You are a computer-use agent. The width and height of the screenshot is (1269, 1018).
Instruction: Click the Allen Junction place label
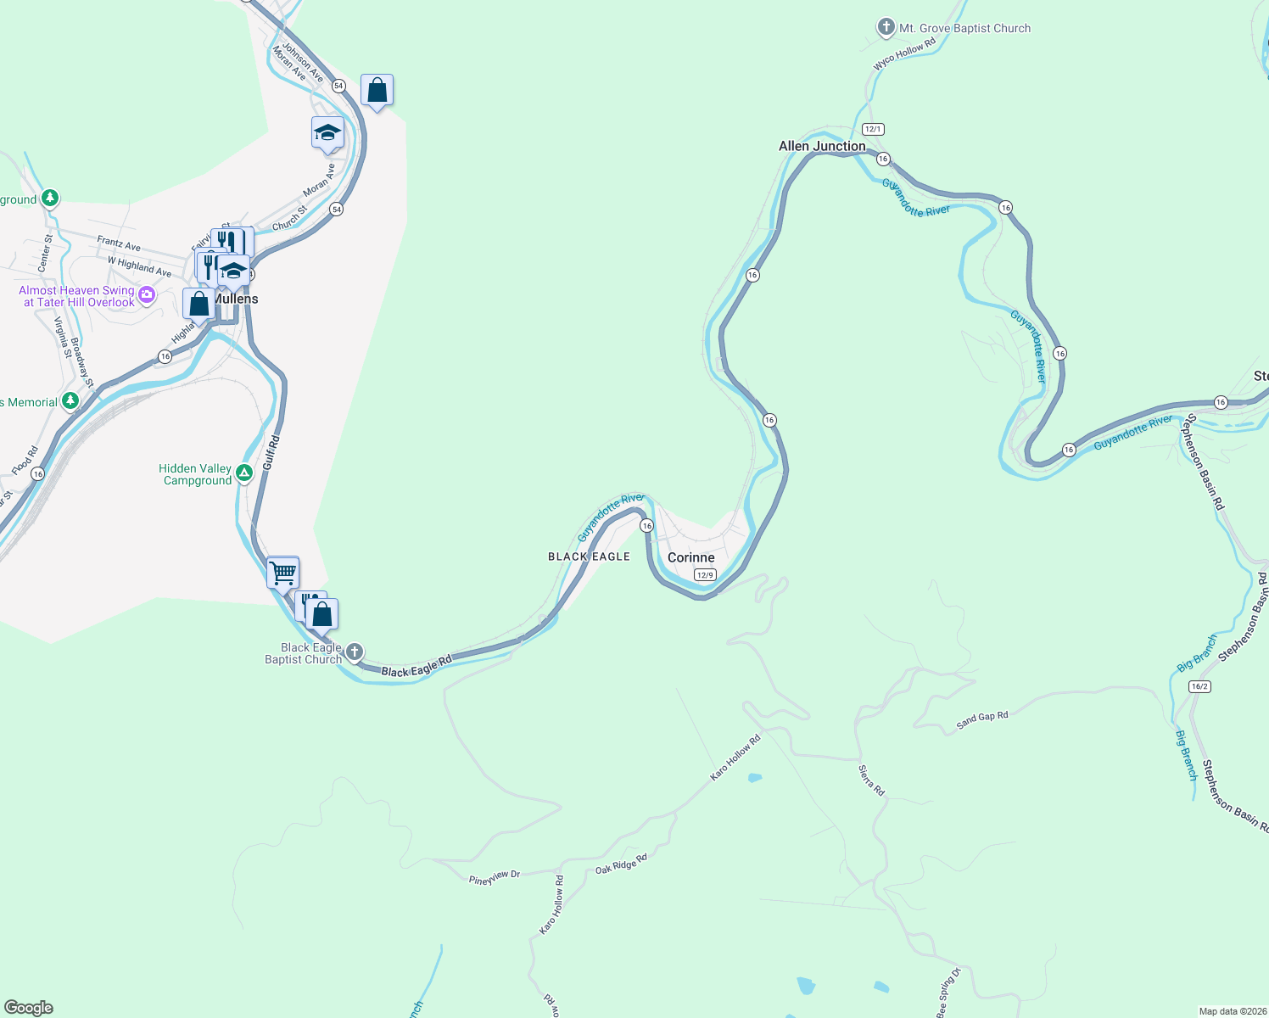(822, 146)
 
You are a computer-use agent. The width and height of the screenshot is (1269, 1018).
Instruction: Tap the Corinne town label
(690, 557)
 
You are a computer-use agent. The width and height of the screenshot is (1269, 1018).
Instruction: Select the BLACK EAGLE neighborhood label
(589, 557)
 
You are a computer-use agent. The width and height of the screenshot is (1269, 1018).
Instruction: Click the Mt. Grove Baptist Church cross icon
(886, 27)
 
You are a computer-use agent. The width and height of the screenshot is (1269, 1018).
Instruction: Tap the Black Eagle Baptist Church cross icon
(355, 652)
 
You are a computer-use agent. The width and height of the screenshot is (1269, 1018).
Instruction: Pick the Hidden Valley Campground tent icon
(244, 473)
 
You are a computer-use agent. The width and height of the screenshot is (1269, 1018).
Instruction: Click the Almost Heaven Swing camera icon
(147, 294)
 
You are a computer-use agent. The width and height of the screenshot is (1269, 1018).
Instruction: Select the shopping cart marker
(282, 573)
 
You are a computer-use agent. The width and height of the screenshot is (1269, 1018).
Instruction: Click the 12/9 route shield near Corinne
(704, 574)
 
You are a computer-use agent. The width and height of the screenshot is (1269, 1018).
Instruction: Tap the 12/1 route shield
(873, 129)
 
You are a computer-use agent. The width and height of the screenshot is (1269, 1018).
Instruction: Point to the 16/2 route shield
(1199, 686)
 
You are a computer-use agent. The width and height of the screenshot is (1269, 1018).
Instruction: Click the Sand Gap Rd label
(981, 720)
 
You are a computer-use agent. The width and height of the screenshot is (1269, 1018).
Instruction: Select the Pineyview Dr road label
(494, 877)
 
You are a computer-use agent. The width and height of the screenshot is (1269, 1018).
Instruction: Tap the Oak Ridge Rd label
(621, 864)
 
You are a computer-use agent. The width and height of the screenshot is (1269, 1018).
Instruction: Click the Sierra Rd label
(871, 780)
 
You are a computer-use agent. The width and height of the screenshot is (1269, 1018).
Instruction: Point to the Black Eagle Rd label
(416, 667)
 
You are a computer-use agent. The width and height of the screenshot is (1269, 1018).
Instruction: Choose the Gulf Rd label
(271, 453)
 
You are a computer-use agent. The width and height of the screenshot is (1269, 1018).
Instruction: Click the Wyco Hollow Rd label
(904, 54)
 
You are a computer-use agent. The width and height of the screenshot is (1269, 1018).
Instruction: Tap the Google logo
(29, 1008)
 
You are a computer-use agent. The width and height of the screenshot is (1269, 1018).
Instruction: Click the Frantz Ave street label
(119, 243)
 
